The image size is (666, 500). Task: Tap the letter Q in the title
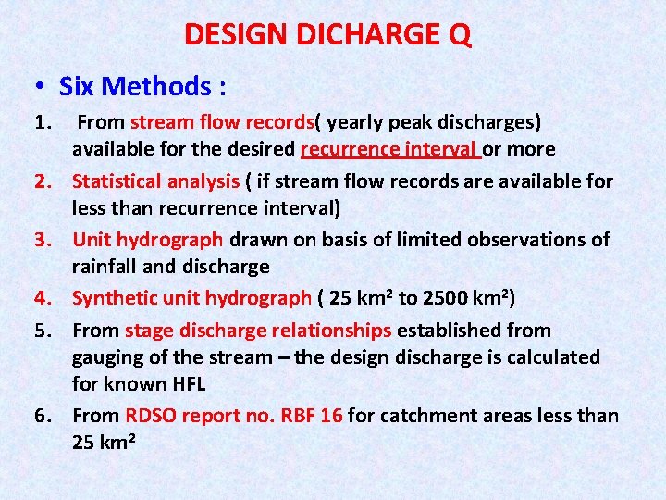[x=460, y=34]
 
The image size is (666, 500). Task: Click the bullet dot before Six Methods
[x=41, y=87]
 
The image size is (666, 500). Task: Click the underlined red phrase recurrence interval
[x=389, y=149]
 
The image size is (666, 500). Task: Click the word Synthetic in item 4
[x=113, y=298]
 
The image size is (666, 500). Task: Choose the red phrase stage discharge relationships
[x=259, y=331]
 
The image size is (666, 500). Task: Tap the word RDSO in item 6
[x=151, y=416]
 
